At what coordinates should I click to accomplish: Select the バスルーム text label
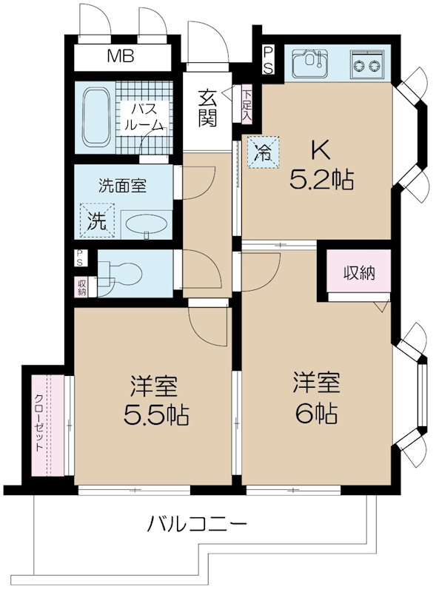(x=144, y=117)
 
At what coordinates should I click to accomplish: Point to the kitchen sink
(x=311, y=64)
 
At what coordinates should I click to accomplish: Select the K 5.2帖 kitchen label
(x=323, y=166)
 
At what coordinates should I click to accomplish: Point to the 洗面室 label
(x=123, y=186)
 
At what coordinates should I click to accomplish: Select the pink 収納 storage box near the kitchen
(x=359, y=272)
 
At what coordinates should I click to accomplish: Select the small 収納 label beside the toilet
(x=79, y=286)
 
